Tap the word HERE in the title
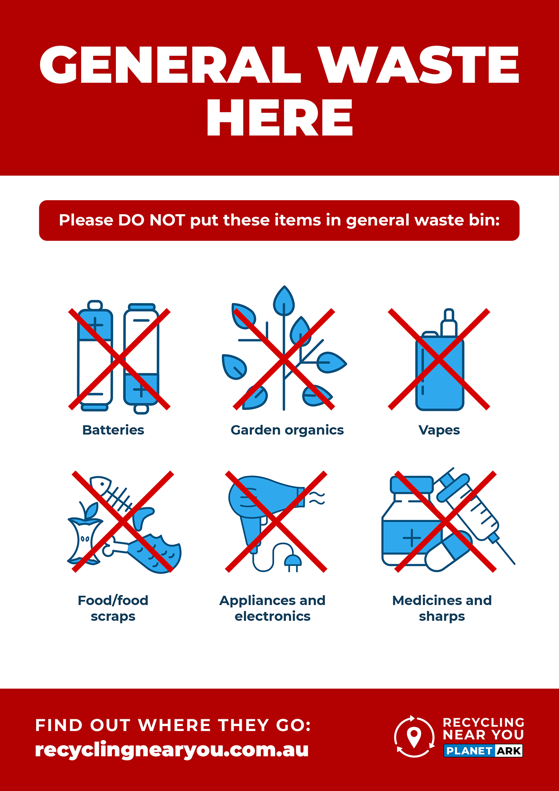(279, 118)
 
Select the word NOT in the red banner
(167, 220)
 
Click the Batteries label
(113, 430)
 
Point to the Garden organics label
(287, 430)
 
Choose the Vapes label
(439, 430)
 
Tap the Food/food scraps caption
(113, 608)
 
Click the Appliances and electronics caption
(272, 608)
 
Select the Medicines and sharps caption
(442, 608)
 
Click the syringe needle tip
(514, 564)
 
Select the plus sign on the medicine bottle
(412, 538)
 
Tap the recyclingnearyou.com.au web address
(172, 750)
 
